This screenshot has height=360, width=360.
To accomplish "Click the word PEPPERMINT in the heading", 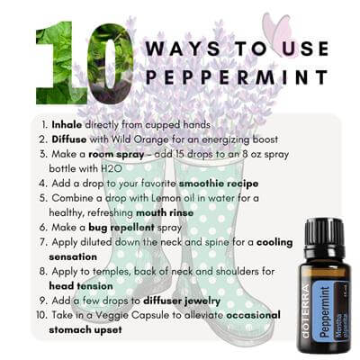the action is [x=237, y=76].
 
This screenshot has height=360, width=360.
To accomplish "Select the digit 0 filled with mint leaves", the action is [x=111, y=63].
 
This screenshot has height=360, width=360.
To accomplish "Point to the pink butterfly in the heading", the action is [x=280, y=34].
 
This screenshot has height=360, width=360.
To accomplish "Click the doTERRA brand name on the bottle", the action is [x=305, y=312].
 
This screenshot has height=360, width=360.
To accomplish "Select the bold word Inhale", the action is [x=67, y=124].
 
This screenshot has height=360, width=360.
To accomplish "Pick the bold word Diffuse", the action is [x=69, y=139].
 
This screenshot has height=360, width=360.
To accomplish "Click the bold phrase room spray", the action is [x=116, y=155].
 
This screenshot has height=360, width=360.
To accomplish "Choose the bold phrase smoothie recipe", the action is [x=219, y=184].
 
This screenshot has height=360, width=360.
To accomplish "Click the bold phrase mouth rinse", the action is [x=165, y=212].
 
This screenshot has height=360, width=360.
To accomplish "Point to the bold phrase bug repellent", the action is [x=121, y=228].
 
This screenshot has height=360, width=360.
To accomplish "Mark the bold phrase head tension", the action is [x=81, y=286].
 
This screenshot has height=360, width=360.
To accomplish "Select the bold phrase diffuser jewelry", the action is [x=182, y=301].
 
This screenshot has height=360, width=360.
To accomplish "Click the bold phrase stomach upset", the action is [x=85, y=330].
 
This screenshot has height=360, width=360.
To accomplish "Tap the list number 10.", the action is [x=41, y=315].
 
